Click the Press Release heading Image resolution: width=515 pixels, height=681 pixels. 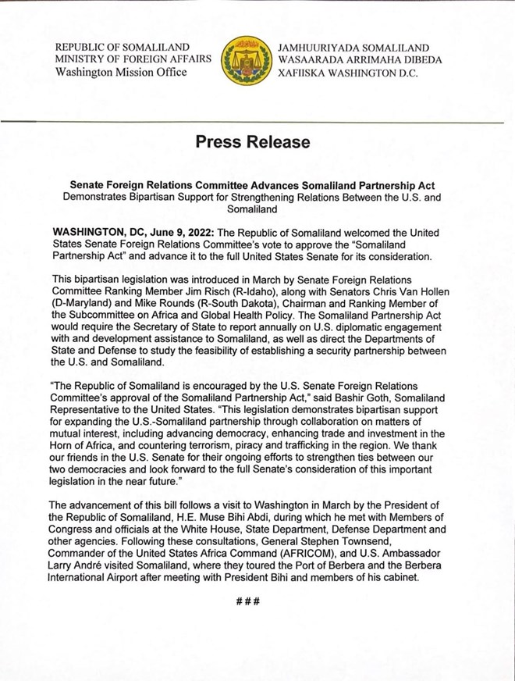[252, 142]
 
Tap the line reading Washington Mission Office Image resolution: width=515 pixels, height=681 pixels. [121, 73]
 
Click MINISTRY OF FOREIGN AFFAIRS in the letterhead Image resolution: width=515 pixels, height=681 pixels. [133, 59]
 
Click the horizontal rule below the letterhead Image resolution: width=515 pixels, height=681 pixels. [257, 121]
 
